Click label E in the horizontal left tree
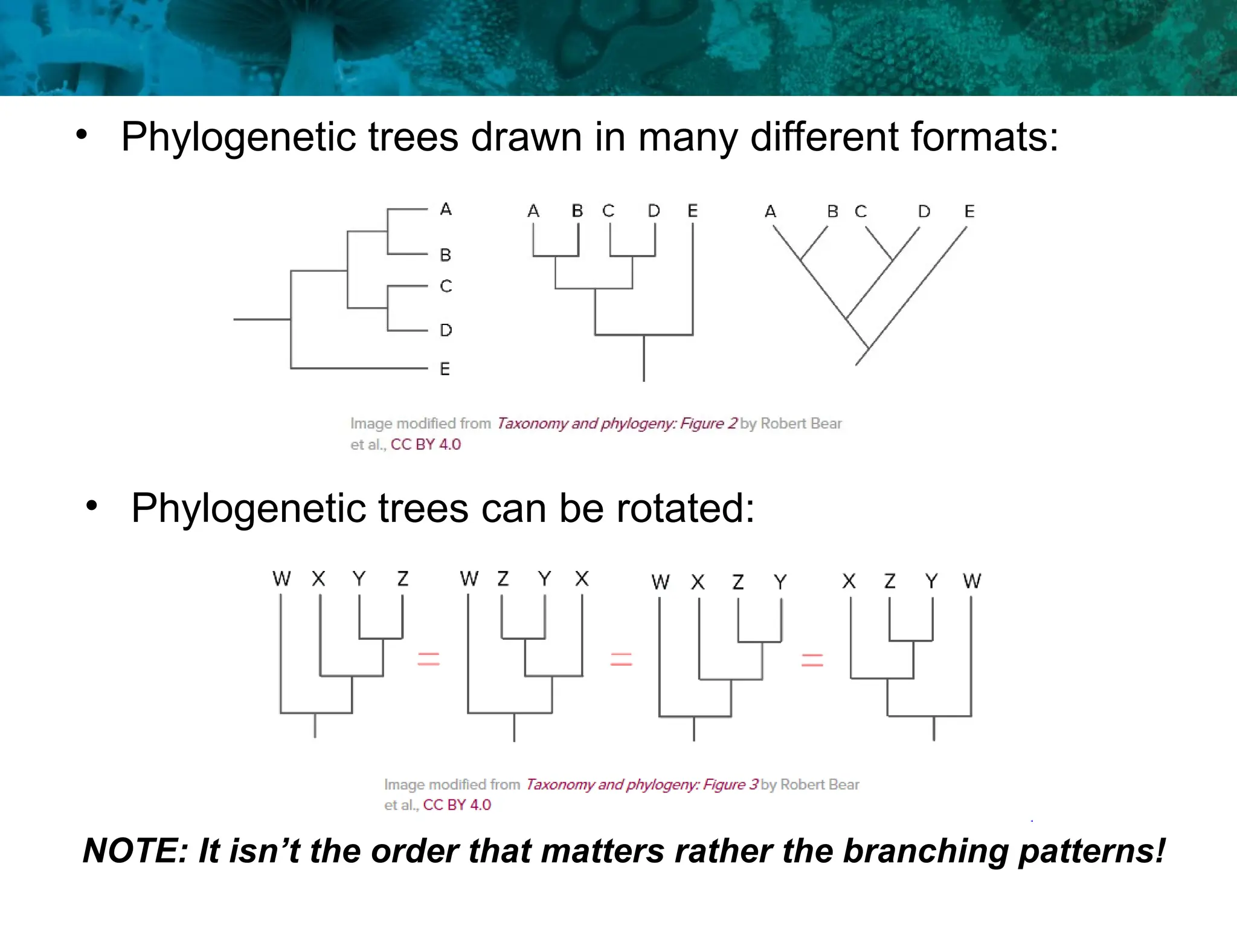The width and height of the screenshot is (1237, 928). [x=445, y=369]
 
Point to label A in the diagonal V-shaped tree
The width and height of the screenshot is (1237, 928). [x=770, y=211]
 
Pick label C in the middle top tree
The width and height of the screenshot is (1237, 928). [x=608, y=211]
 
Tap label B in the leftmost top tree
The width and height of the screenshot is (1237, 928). [x=446, y=255]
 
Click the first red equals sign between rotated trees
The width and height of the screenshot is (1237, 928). [x=429, y=659]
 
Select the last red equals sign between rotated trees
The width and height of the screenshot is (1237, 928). [x=812, y=660]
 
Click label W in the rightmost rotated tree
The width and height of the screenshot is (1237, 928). [x=972, y=581]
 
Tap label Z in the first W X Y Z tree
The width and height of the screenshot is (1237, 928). [x=403, y=579]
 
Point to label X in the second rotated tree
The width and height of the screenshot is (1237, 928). [x=582, y=579]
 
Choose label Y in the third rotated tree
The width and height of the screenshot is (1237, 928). [x=780, y=582]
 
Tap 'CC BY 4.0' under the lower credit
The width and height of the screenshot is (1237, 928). [x=457, y=805]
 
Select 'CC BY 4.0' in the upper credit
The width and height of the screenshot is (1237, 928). [x=425, y=445]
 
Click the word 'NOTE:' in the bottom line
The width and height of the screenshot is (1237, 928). [x=135, y=851]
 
